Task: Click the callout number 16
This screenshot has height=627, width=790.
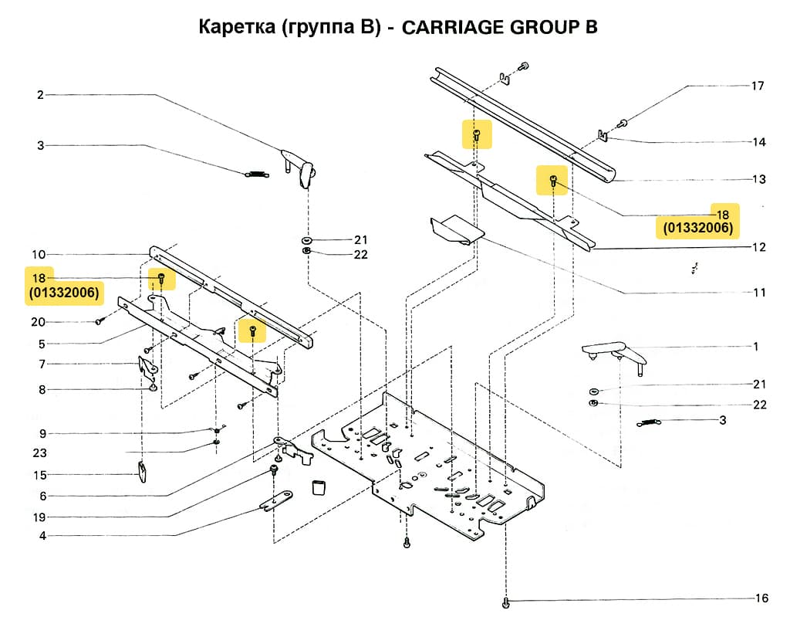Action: tap(761, 598)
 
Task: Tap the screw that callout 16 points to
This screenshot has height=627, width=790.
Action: tap(505, 601)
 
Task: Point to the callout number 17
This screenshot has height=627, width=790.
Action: tap(758, 86)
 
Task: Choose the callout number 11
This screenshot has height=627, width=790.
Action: tap(760, 293)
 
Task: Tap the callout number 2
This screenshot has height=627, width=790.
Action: tap(40, 95)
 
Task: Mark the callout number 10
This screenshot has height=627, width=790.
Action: tap(39, 254)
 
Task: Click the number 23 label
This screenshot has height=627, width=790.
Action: tap(40, 452)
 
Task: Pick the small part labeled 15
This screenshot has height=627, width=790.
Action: tap(143, 470)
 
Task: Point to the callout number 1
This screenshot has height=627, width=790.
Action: tap(756, 347)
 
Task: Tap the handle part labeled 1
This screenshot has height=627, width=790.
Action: tap(613, 353)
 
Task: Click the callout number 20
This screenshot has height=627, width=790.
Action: tap(38, 322)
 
